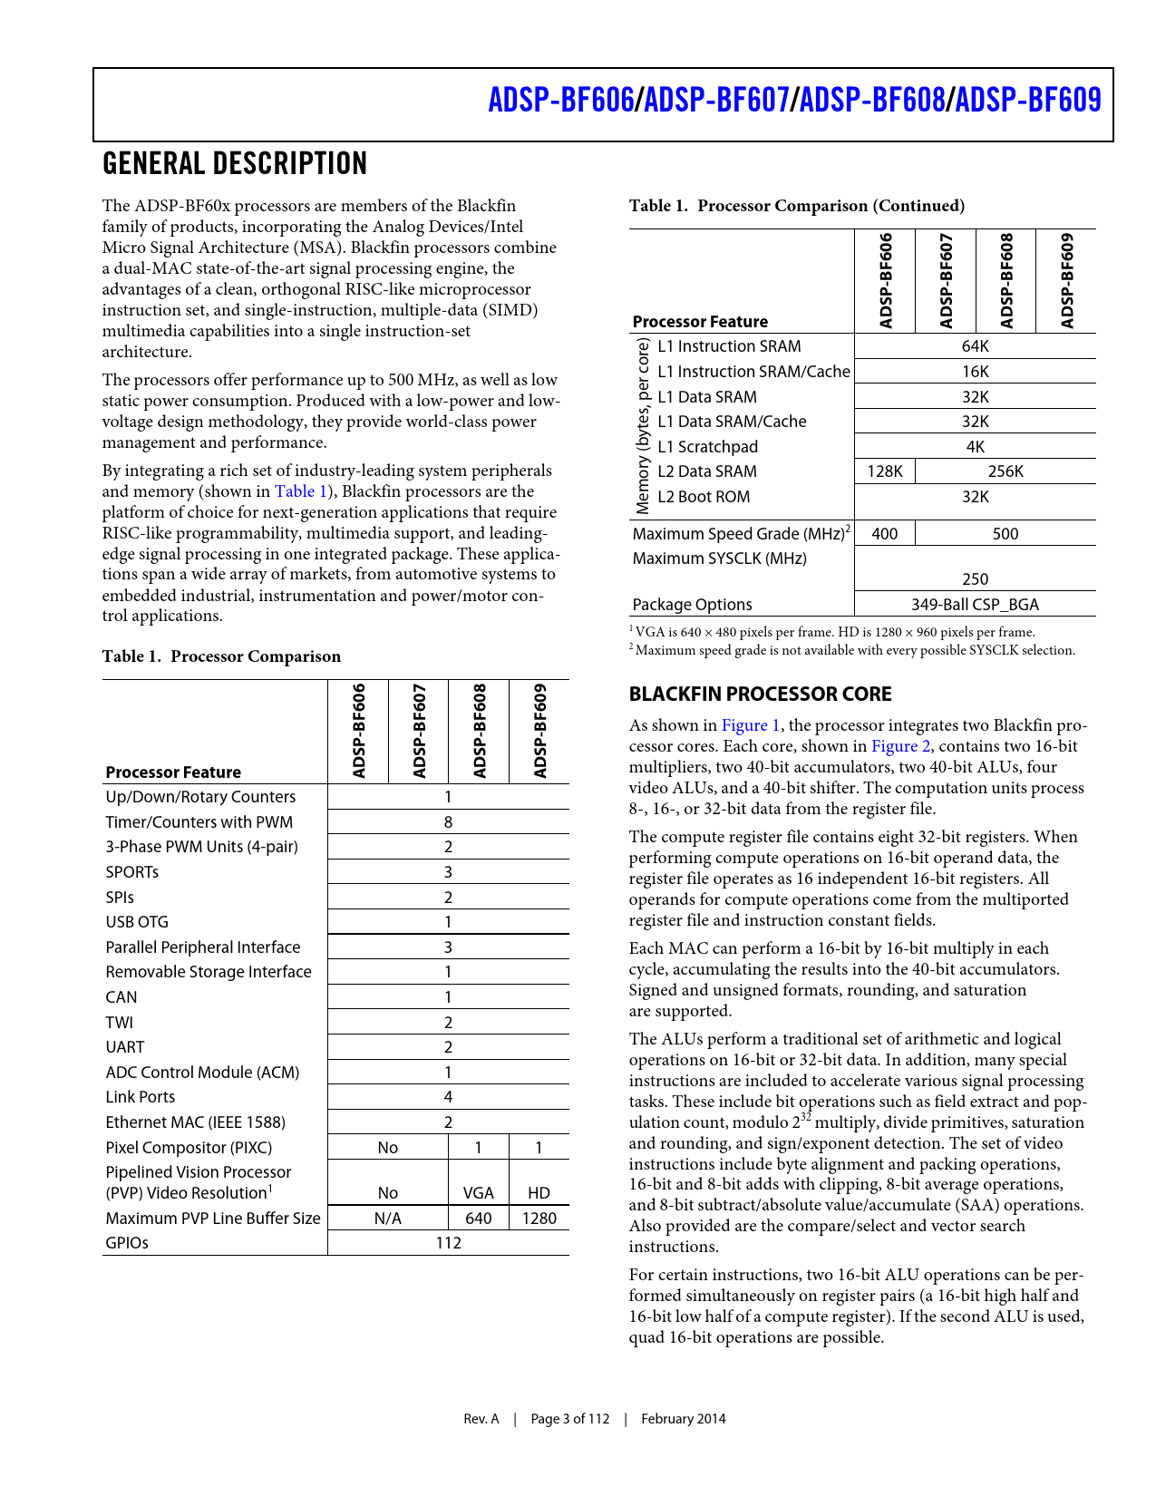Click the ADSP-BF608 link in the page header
click(x=872, y=100)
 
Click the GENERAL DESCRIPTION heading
click(x=235, y=164)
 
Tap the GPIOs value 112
click(x=448, y=1243)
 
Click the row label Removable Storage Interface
click(x=209, y=972)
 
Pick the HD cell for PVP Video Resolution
click(x=539, y=1193)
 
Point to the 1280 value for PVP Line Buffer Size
click(x=539, y=1219)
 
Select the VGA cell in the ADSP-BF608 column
click(x=479, y=1193)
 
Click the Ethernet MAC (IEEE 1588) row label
click(x=196, y=1122)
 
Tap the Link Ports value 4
click(x=448, y=1097)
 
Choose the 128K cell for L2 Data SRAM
click(x=885, y=471)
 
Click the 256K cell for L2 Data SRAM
click(x=1005, y=471)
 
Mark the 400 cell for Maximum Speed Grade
click(x=885, y=534)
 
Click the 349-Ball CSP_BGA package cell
click(x=975, y=605)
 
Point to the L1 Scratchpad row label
click(x=707, y=447)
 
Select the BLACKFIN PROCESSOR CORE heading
click(x=761, y=695)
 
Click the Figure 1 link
click(x=751, y=725)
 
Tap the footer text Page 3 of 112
click(x=570, y=1419)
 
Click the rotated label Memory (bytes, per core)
click(x=643, y=426)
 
